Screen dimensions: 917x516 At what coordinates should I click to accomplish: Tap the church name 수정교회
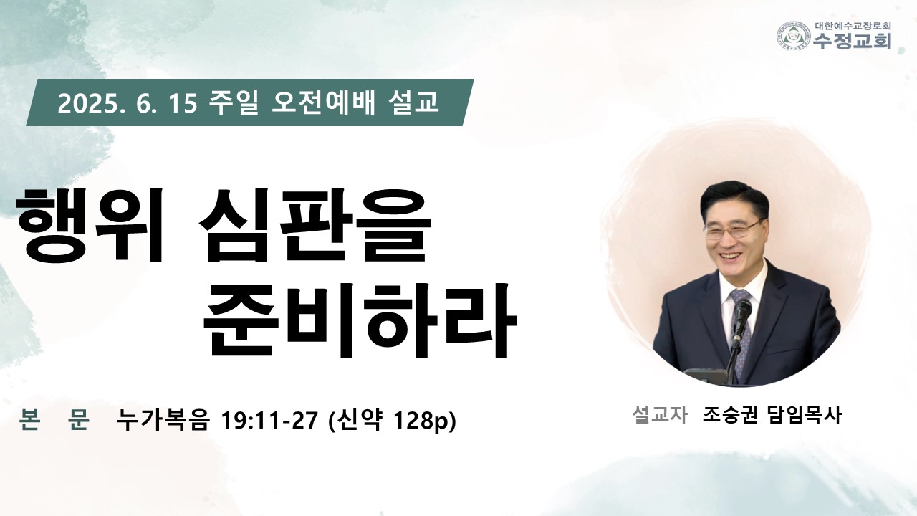[853, 41]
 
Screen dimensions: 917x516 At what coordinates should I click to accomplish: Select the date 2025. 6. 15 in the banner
[128, 104]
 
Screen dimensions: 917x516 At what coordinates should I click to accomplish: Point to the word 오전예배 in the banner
[323, 102]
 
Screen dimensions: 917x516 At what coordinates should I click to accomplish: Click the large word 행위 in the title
[90, 224]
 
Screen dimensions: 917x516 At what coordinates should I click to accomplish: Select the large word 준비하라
[360, 320]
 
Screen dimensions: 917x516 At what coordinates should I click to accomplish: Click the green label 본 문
[54, 420]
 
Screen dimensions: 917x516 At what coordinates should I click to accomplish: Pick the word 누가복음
[163, 420]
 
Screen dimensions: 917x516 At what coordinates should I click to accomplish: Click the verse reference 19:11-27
[269, 420]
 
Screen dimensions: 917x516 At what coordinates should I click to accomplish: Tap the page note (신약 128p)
[392, 421]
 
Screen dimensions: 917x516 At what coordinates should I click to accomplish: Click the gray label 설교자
[659, 415]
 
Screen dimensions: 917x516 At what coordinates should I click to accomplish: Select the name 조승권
[730, 415]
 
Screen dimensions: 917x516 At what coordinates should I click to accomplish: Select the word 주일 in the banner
[233, 102]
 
